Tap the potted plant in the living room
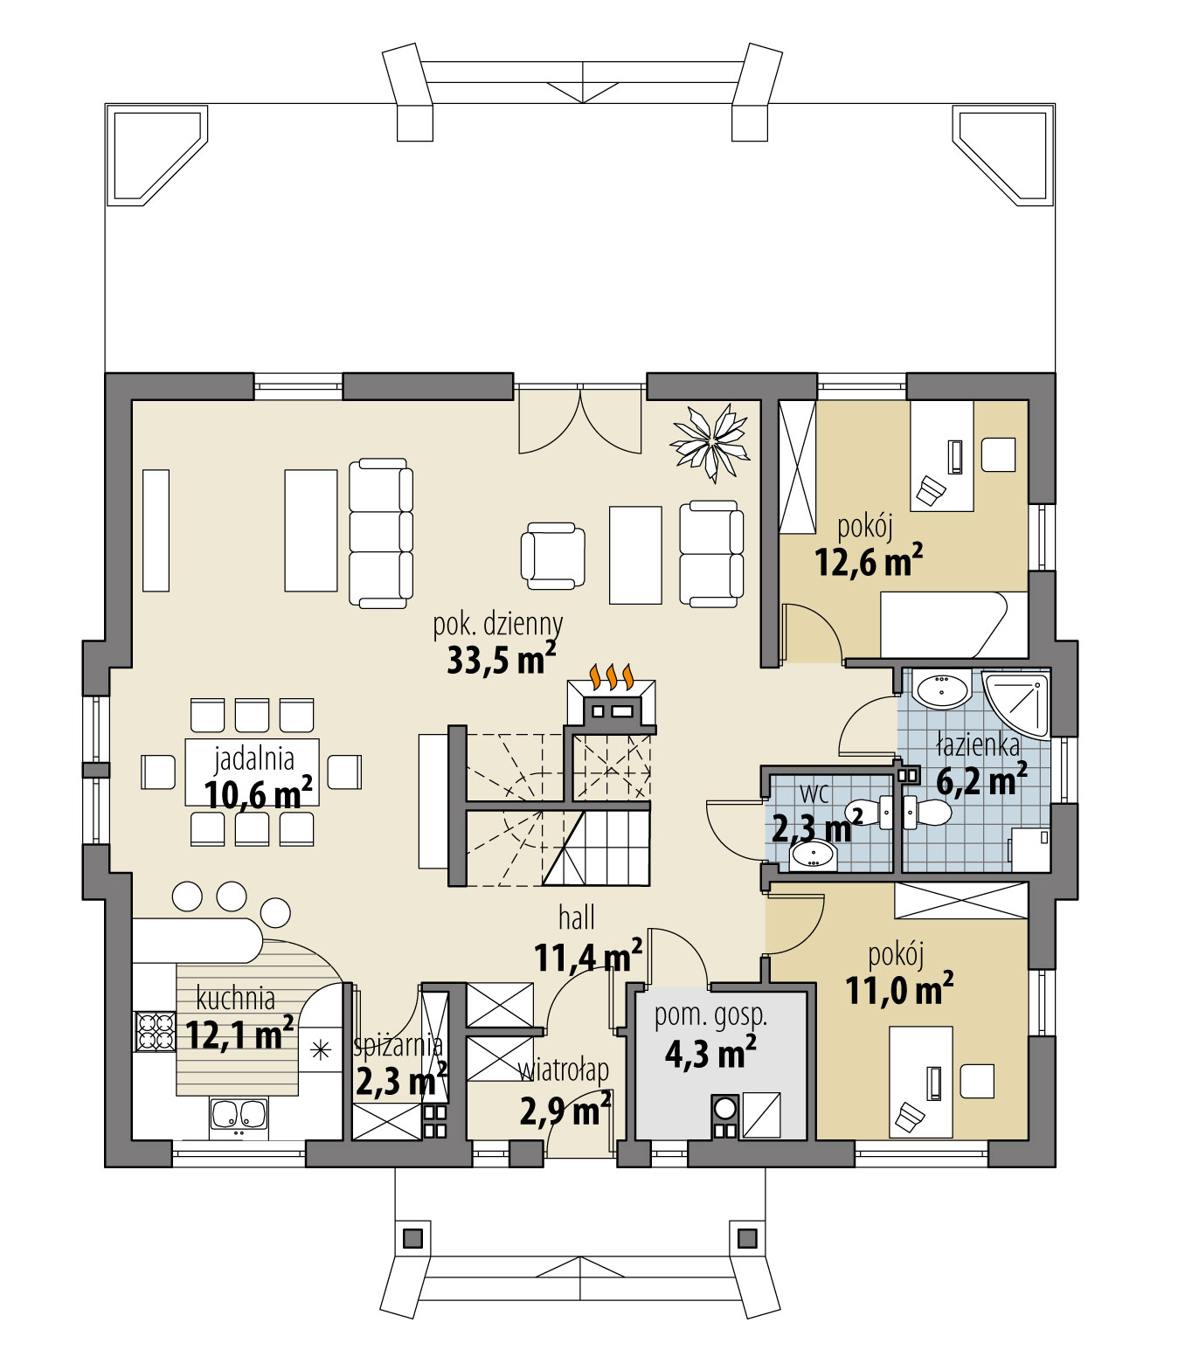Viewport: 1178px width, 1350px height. (x=709, y=441)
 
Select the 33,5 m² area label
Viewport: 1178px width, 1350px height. (x=501, y=659)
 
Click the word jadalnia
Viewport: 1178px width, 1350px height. (x=254, y=758)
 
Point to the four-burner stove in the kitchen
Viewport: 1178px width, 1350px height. (x=154, y=1030)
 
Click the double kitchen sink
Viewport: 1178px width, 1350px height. (x=239, y=1115)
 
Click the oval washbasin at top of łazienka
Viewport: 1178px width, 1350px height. (x=942, y=690)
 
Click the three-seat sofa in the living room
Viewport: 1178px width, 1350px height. (x=380, y=532)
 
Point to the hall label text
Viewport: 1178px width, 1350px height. (x=577, y=917)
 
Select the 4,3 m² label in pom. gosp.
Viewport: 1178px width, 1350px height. (x=710, y=1054)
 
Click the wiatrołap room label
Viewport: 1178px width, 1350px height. (x=564, y=1070)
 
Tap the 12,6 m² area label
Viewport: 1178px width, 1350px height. (x=869, y=562)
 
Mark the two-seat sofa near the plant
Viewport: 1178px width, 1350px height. (x=711, y=554)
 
